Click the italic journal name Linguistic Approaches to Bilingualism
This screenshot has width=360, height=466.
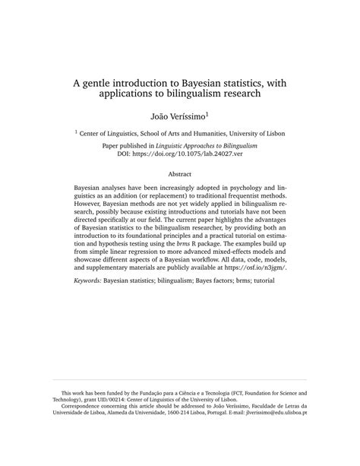tap(217, 144)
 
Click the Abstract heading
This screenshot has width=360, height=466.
tap(179, 174)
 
